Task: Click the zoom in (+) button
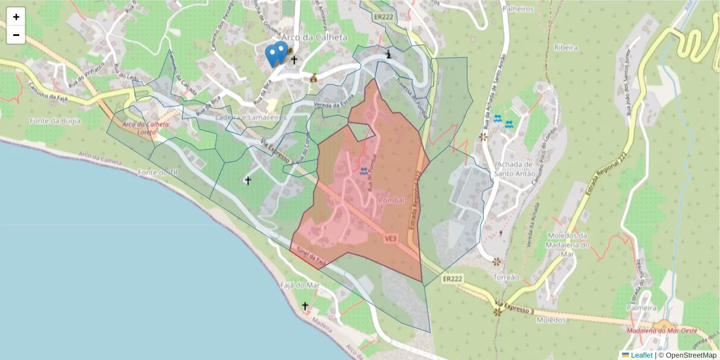point(16,17)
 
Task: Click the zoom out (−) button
point(16,35)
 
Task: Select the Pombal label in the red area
point(392,200)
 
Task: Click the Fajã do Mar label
point(300,285)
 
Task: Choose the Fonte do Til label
point(158,172)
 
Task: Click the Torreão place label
point(505,278)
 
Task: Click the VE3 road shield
point(391,239)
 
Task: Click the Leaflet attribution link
point(641,355)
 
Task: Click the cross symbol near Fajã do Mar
point(305,306)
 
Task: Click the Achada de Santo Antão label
point(513,169)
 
